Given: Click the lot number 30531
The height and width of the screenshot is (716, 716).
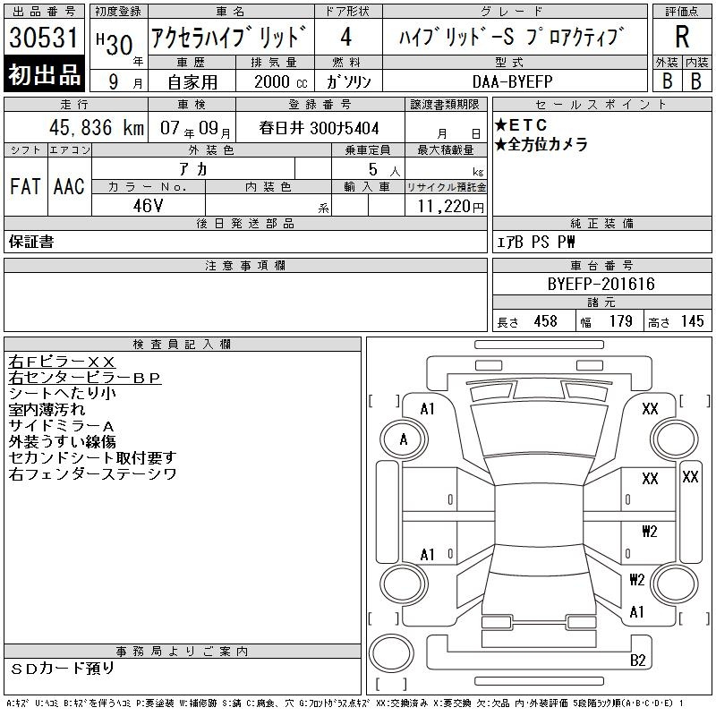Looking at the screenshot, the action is [44, 38].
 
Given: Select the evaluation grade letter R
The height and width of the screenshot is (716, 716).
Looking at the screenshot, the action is [682, 37].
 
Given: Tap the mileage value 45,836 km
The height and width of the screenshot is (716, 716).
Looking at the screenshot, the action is [97, 128].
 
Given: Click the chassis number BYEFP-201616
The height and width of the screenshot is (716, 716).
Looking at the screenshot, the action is [601, 284].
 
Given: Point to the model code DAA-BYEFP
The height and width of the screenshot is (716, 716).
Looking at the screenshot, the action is [512, 81].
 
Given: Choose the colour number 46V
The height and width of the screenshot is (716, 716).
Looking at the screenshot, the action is [148, 206].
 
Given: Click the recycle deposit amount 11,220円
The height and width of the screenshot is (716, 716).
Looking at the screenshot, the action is [451, 207].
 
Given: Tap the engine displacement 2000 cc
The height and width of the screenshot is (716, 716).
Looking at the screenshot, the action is [280, 82].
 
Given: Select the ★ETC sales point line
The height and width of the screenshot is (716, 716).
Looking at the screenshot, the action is [521, 124].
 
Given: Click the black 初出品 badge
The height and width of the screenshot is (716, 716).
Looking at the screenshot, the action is [44, 74].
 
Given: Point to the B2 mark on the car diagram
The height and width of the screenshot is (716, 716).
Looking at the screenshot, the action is [637, 661].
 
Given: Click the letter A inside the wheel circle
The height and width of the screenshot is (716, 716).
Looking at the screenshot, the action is [404, 439].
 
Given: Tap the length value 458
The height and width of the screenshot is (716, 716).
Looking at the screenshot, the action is [545, 321].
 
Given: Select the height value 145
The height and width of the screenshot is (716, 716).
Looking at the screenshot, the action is [692, 321].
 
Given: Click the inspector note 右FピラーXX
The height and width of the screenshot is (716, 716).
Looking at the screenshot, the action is [62, 362].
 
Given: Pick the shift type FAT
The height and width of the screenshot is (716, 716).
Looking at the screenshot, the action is [25, 186].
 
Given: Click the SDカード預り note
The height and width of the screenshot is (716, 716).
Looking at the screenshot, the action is [62, 669].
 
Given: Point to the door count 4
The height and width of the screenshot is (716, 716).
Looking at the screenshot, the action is [346, 37].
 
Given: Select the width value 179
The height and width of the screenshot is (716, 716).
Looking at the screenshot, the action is [620, 321].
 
